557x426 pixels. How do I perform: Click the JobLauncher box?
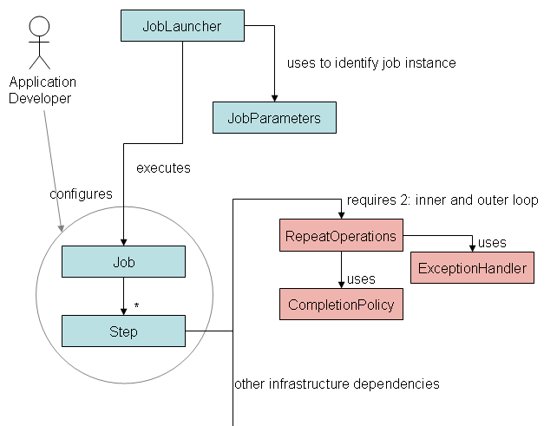tap(182, 26)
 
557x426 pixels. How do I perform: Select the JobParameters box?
tap(274, 118)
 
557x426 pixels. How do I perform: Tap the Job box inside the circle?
tap(123, 261)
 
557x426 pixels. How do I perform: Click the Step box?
tap(123, 331)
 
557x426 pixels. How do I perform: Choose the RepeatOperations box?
tap(341, 236)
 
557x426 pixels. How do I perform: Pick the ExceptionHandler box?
tap(472, 269)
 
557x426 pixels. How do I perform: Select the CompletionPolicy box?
tap(341, 305)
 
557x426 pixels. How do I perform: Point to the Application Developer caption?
tap(42, 90)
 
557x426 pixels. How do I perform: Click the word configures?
tap(81, 194)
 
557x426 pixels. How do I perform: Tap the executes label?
tap(163, 167)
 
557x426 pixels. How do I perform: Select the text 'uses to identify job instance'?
tap(370, 63)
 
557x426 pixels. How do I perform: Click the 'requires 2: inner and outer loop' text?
tap(442, 200)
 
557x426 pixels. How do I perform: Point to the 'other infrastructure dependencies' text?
tap(337, 383)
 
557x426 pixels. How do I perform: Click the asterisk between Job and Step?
tap(136, 306)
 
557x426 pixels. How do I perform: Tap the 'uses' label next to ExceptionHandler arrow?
tap(492, 243)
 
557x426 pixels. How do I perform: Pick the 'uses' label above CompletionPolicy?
tap(360, 279)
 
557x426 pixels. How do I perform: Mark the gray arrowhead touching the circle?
tap(61, 228)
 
